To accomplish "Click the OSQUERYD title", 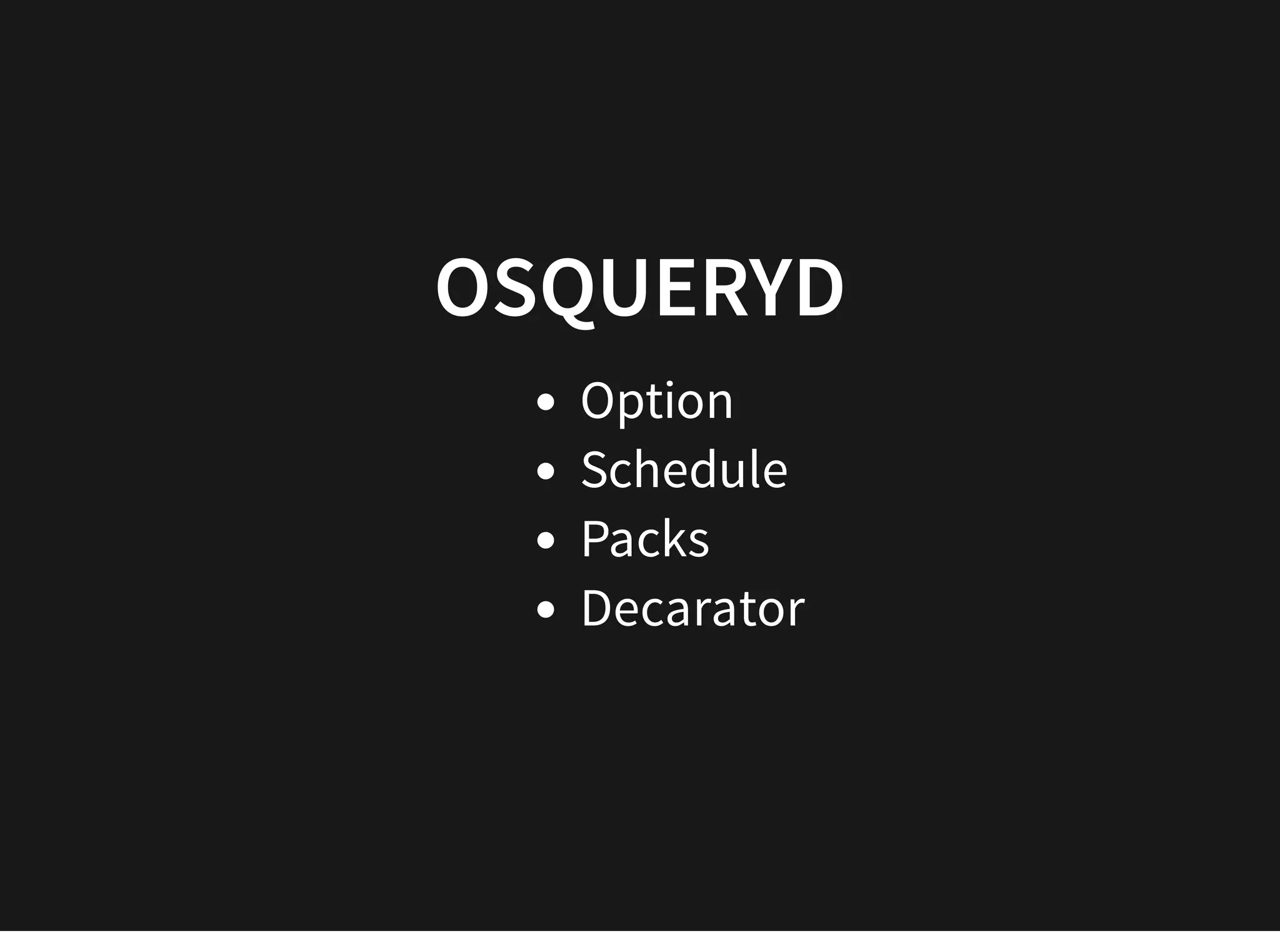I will [x=639, y=288].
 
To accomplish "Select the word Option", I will [x=656, y=401].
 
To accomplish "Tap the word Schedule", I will [x=684, y=470].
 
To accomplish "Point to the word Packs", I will [x=645, y=538].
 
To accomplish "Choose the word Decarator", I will [x=692, y=608].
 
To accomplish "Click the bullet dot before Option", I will [x=546, y=402].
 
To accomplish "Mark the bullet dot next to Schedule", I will [x=546, y=471].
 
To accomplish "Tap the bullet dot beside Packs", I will [x=546, y=540].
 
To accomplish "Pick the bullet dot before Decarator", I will [x=546, y=610].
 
